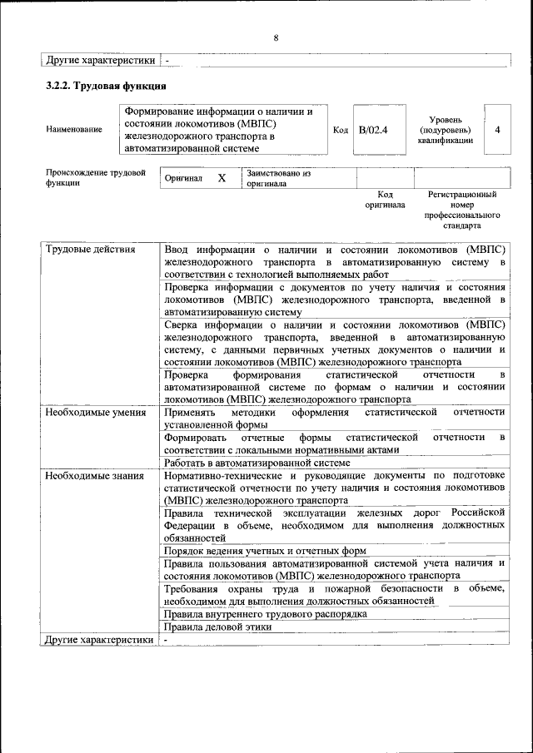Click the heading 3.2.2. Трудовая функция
point(106,86)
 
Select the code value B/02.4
point(373,130)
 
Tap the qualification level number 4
point(497,130)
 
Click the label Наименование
point(75,130)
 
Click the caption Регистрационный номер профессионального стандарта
point(462,209)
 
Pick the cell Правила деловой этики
point(217,627)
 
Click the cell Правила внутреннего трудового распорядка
point(265,614)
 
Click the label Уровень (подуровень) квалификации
point(446,130)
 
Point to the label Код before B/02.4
point(340,130)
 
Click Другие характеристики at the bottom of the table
point(100,640)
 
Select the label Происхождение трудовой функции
point(95,178)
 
